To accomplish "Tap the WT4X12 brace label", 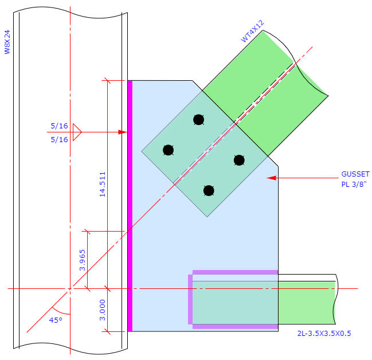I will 252,31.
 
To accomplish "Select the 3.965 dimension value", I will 83,260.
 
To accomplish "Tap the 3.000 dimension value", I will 103,310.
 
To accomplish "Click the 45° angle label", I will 56,320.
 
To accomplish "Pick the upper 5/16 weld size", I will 60,126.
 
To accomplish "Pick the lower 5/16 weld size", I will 60,139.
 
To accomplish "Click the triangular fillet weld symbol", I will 77,132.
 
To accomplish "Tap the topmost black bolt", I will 198,119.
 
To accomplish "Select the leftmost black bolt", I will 168,150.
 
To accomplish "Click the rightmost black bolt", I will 239,160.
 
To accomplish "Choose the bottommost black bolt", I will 209,190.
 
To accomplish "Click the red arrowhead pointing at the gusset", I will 272,178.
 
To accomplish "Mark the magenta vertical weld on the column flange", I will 130,206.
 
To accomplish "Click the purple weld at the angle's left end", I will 190,299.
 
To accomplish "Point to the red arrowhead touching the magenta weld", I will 122,132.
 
